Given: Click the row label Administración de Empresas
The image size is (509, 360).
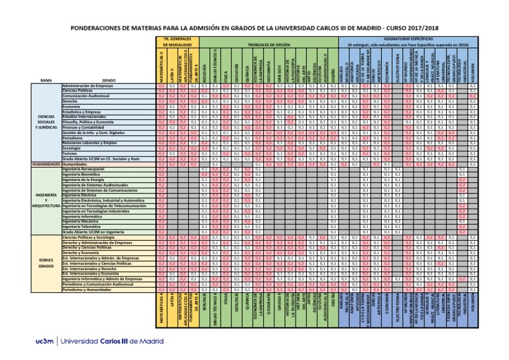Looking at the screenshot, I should [x=87, y=86].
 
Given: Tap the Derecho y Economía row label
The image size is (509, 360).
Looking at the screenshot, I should [x=80, y=252].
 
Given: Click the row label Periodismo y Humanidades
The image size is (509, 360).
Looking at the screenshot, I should [x=89, y=289].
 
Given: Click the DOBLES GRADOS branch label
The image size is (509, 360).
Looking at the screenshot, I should [x=46, y=263].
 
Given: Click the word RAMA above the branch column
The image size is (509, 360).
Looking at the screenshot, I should [x=46, y=80].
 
